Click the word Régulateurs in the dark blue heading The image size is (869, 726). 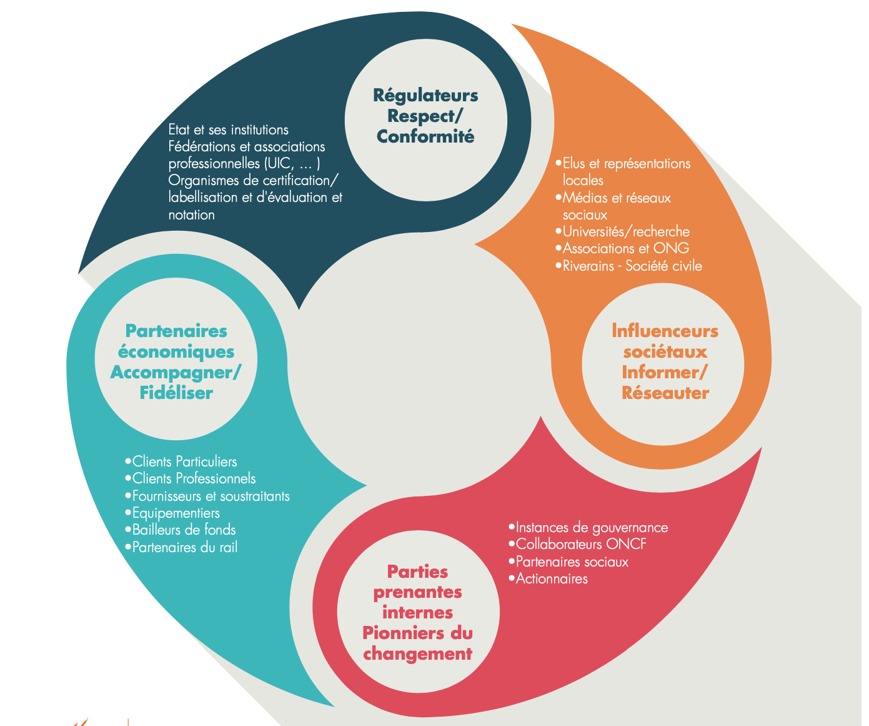[x=425, y=96]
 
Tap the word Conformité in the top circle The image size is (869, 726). [x=425, y=137]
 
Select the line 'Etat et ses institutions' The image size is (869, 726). [x=228, y=130]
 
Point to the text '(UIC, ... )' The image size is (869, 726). [x=292, y=164]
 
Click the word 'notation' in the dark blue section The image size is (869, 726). [x=191, y=215]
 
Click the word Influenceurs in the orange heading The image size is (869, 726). [x=665, y=331]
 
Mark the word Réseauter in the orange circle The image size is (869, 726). [x=665, y=393]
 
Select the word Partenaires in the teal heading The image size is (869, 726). [x=176, y=331]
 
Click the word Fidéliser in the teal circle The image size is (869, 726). [x=176, y=393]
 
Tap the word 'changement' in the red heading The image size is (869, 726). [x=417, y=655]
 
